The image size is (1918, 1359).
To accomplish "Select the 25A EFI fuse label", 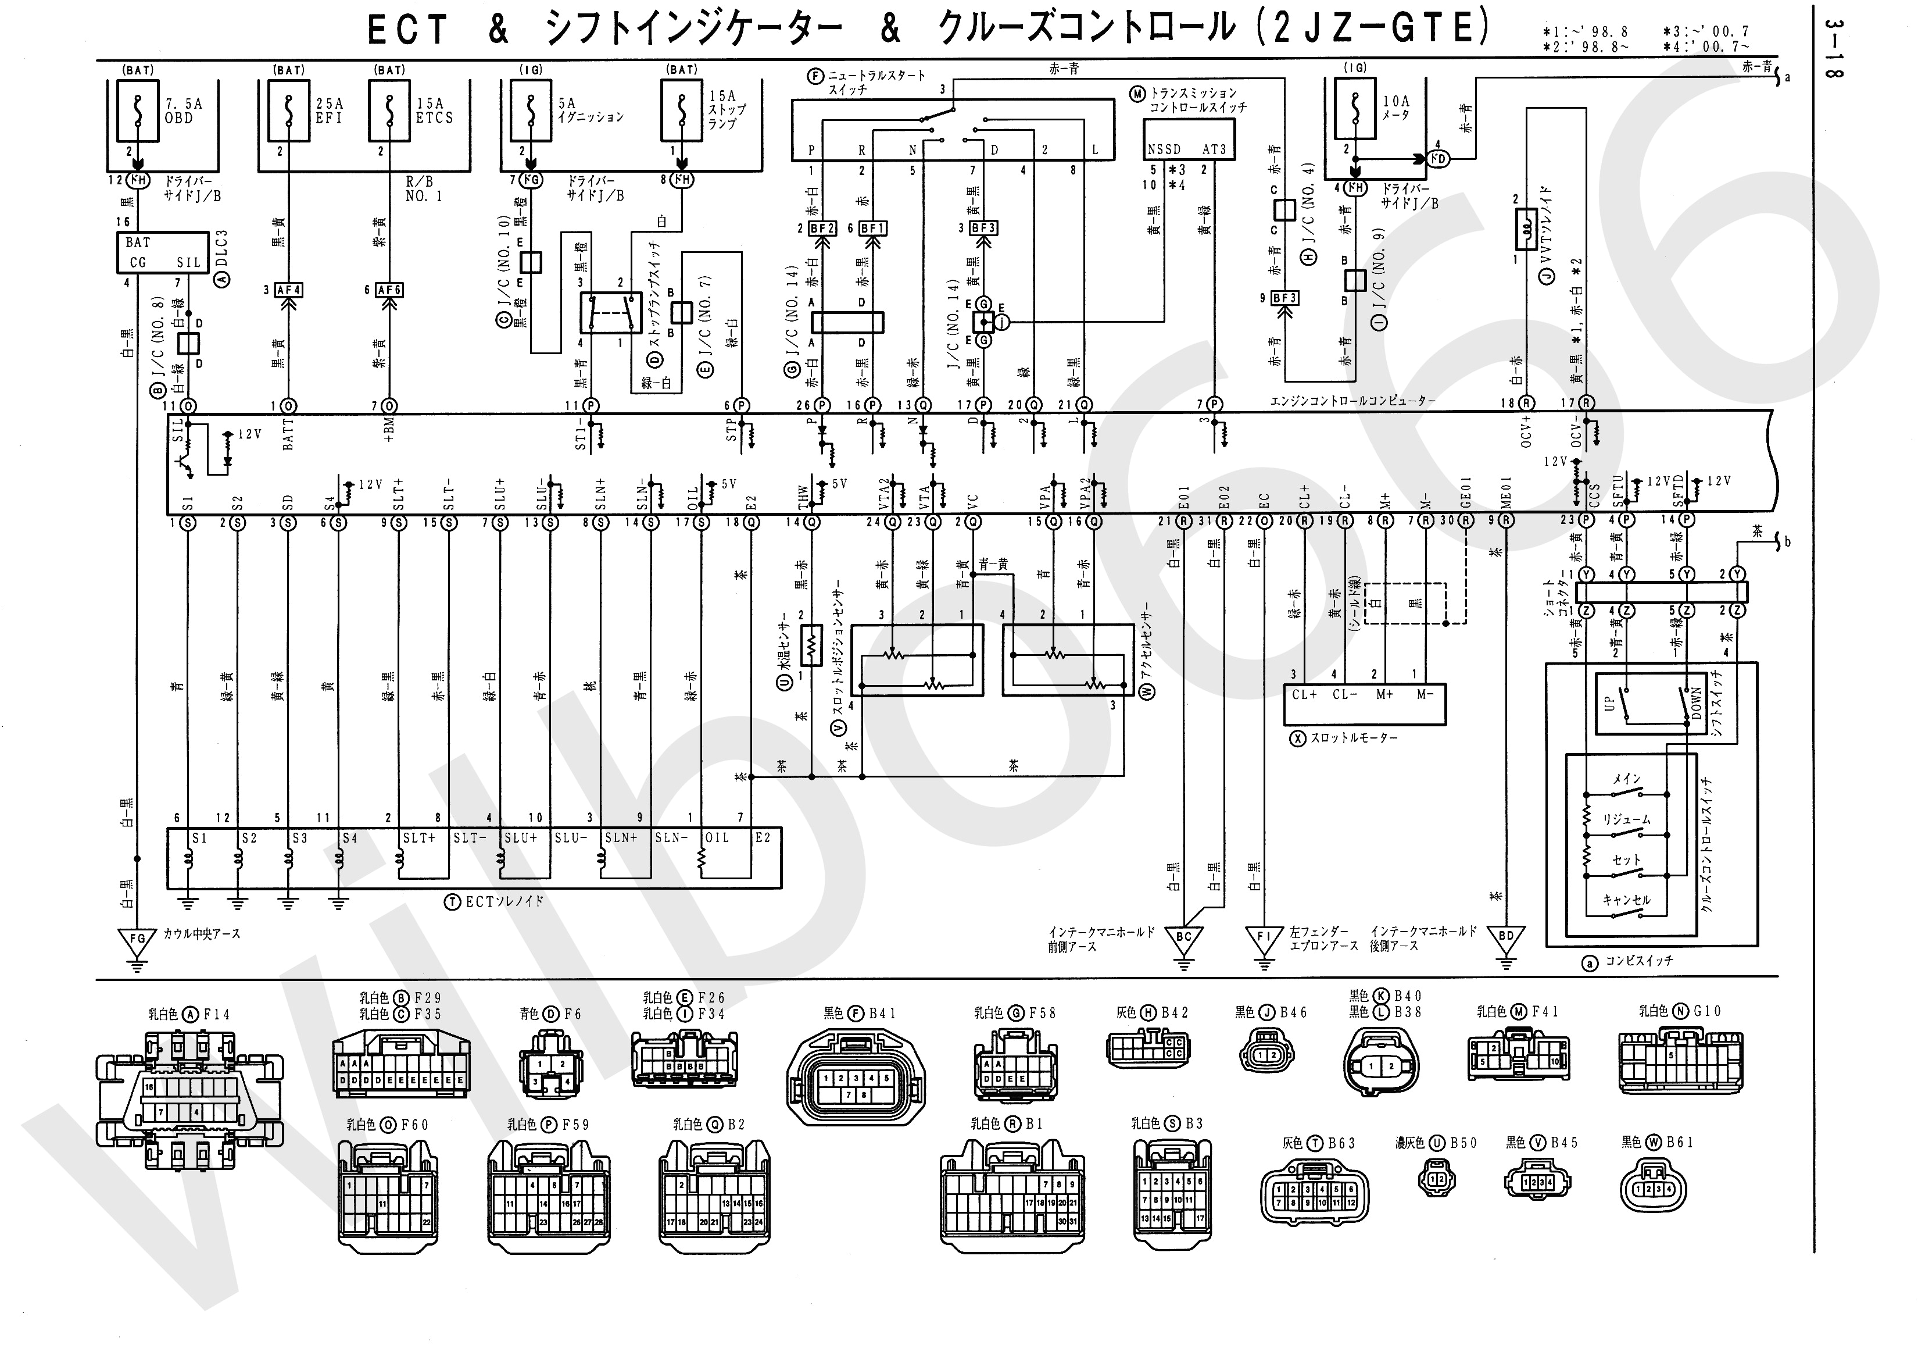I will (x=330, y=110).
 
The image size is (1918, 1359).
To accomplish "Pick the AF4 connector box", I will (x=289, y=290).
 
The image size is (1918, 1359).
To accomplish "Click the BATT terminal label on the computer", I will (x=289, y=435).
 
